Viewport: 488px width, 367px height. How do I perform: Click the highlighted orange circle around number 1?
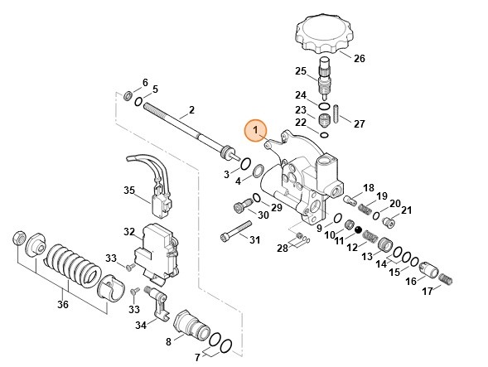pos(256,130)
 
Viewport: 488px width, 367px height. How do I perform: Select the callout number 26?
pos(358,58)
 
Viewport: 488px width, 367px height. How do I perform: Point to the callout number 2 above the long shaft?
pos(191,110)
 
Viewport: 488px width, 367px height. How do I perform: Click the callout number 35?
pos(128,190)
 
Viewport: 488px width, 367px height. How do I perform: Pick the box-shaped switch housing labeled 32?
pos(157,247)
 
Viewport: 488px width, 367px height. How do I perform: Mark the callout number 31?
pos(255,240)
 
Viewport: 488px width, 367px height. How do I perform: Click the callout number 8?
pos(169,340)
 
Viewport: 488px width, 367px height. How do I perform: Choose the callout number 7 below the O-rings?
pos(197,357)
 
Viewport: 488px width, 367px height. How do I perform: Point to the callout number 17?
pos(428,291)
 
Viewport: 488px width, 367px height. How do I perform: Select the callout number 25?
pos(301,70)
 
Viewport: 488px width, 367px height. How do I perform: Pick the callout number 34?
pos(141,326)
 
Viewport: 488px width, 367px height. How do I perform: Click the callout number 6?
pos(145,82)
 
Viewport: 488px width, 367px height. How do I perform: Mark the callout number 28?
pos(282,248)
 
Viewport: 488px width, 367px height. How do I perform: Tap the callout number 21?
pos(406,210)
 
